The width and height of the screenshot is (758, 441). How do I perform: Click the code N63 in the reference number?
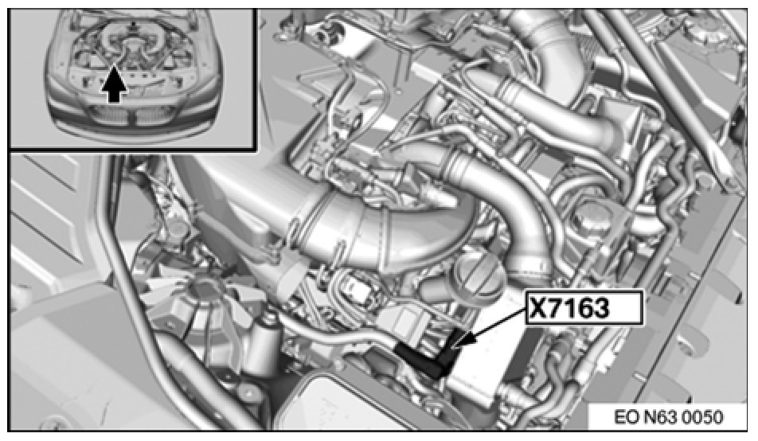tap(662, 417)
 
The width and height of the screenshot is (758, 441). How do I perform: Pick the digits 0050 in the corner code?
tap(705, 417)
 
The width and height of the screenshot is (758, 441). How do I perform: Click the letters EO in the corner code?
tap(627, 417)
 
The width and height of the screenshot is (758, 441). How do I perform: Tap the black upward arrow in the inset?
tap(114, 84)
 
